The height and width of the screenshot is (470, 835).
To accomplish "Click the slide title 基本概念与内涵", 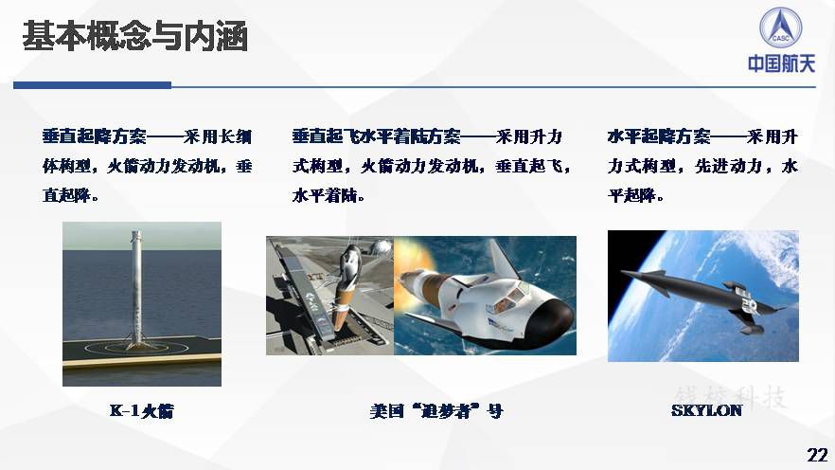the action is coord(134,36).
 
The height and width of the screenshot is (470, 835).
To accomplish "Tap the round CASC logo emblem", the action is coord(781,27).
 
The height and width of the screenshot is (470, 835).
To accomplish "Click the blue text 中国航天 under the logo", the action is coord(781,63).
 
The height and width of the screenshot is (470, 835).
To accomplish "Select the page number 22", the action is coord(817,455).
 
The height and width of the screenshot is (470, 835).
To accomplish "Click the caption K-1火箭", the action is coord(142,411).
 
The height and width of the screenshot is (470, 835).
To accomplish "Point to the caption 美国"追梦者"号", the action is coord(436,411).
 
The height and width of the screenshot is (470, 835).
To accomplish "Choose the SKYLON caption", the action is coord(706,410).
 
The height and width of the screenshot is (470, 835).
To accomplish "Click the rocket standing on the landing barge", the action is coord(137,288).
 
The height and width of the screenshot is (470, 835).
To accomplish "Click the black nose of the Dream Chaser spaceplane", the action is coord(548,318).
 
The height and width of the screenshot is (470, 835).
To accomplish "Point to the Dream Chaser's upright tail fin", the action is coord(504,258).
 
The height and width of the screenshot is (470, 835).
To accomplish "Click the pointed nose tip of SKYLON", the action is coord(622,272).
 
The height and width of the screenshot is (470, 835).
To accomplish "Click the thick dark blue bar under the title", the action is coord(92,85).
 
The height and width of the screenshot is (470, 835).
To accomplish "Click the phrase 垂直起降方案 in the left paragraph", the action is coord(95,136).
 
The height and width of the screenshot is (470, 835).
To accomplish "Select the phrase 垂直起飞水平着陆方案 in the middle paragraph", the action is coord(376,136).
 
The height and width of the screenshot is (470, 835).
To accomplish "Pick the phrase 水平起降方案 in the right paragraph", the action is coord(659,136).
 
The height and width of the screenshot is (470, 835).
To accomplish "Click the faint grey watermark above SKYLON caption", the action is coord(730,397).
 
